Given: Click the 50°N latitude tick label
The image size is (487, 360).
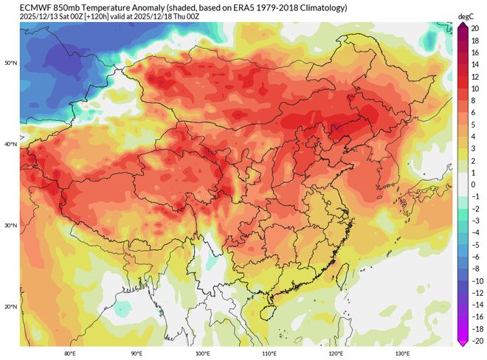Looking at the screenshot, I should [10, 63].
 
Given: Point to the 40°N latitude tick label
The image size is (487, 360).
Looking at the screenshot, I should [10, 145].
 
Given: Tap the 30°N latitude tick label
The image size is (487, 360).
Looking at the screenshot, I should [10, 226].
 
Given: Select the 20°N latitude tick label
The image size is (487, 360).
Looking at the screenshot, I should [10, 307].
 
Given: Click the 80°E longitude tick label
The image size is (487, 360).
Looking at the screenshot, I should [70, 353].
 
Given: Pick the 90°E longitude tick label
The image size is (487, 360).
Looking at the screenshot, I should [137, 353].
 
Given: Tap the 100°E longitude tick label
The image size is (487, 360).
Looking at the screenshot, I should [203, 353].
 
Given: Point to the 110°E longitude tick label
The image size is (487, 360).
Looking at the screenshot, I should [269, 353].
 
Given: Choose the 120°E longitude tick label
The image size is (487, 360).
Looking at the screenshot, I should [336, 353].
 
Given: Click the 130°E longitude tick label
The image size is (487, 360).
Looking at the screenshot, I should [402, 353].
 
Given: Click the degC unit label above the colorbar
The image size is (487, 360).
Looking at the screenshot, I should [466, 15].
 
